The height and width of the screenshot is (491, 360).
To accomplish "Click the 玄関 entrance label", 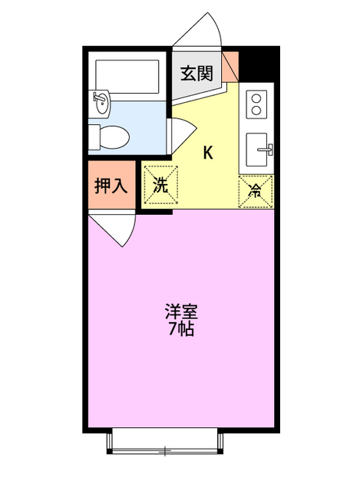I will (197, 74).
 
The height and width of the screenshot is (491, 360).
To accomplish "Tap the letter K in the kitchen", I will (208, 152).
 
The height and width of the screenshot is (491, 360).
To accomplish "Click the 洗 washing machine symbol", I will (160, 185).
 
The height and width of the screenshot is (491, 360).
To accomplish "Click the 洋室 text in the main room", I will (181, 312).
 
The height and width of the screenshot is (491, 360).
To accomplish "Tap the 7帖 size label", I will (181, 330).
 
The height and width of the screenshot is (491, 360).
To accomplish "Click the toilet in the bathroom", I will (108, 137).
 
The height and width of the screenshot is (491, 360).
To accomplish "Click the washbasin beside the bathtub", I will (101, 100).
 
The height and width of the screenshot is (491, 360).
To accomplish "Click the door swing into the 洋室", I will (115, 229).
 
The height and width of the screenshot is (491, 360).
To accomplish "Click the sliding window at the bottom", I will (165, 441).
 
